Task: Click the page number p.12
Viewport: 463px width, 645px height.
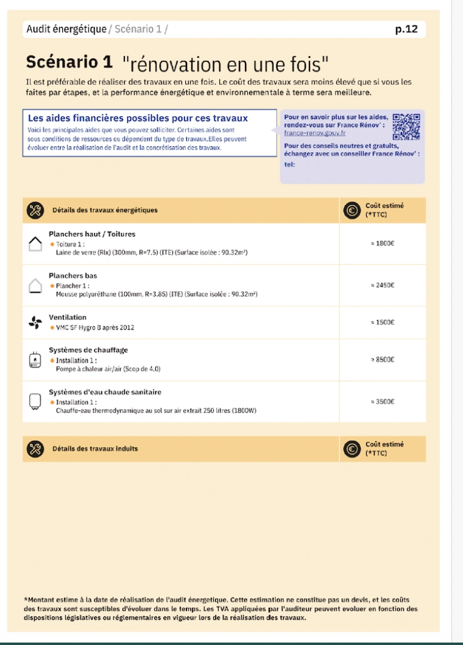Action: coord(406,29)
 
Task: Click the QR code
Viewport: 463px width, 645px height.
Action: coord(406,126)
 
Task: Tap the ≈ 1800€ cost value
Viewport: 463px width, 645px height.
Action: coord(382,244)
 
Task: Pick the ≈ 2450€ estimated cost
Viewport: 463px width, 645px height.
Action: coord(382,285)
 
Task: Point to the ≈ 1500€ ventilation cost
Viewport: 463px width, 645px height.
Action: coord(382,322)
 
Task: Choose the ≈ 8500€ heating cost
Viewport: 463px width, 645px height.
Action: coord(382,360)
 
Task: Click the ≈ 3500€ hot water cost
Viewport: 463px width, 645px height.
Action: coord(382,402)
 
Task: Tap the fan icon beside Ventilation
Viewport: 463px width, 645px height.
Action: coord(35,322)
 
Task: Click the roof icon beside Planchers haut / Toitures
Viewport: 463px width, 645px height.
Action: coord(35,244)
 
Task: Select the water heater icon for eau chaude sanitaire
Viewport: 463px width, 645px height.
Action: coord(35,401)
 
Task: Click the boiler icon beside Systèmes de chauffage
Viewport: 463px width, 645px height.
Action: coord(35,360)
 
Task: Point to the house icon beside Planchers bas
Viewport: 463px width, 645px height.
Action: coord(35,285)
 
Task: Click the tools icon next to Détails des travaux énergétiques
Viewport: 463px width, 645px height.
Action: coord(35,210)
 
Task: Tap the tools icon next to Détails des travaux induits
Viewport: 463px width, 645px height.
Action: coord(35,449)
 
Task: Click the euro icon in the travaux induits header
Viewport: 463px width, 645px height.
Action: coord(352,449)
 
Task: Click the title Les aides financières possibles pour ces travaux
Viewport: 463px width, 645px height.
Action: coord(138,118)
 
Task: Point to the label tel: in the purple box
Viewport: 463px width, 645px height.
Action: coord(289,165)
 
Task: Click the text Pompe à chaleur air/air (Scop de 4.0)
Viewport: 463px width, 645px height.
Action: coord(108,369)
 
